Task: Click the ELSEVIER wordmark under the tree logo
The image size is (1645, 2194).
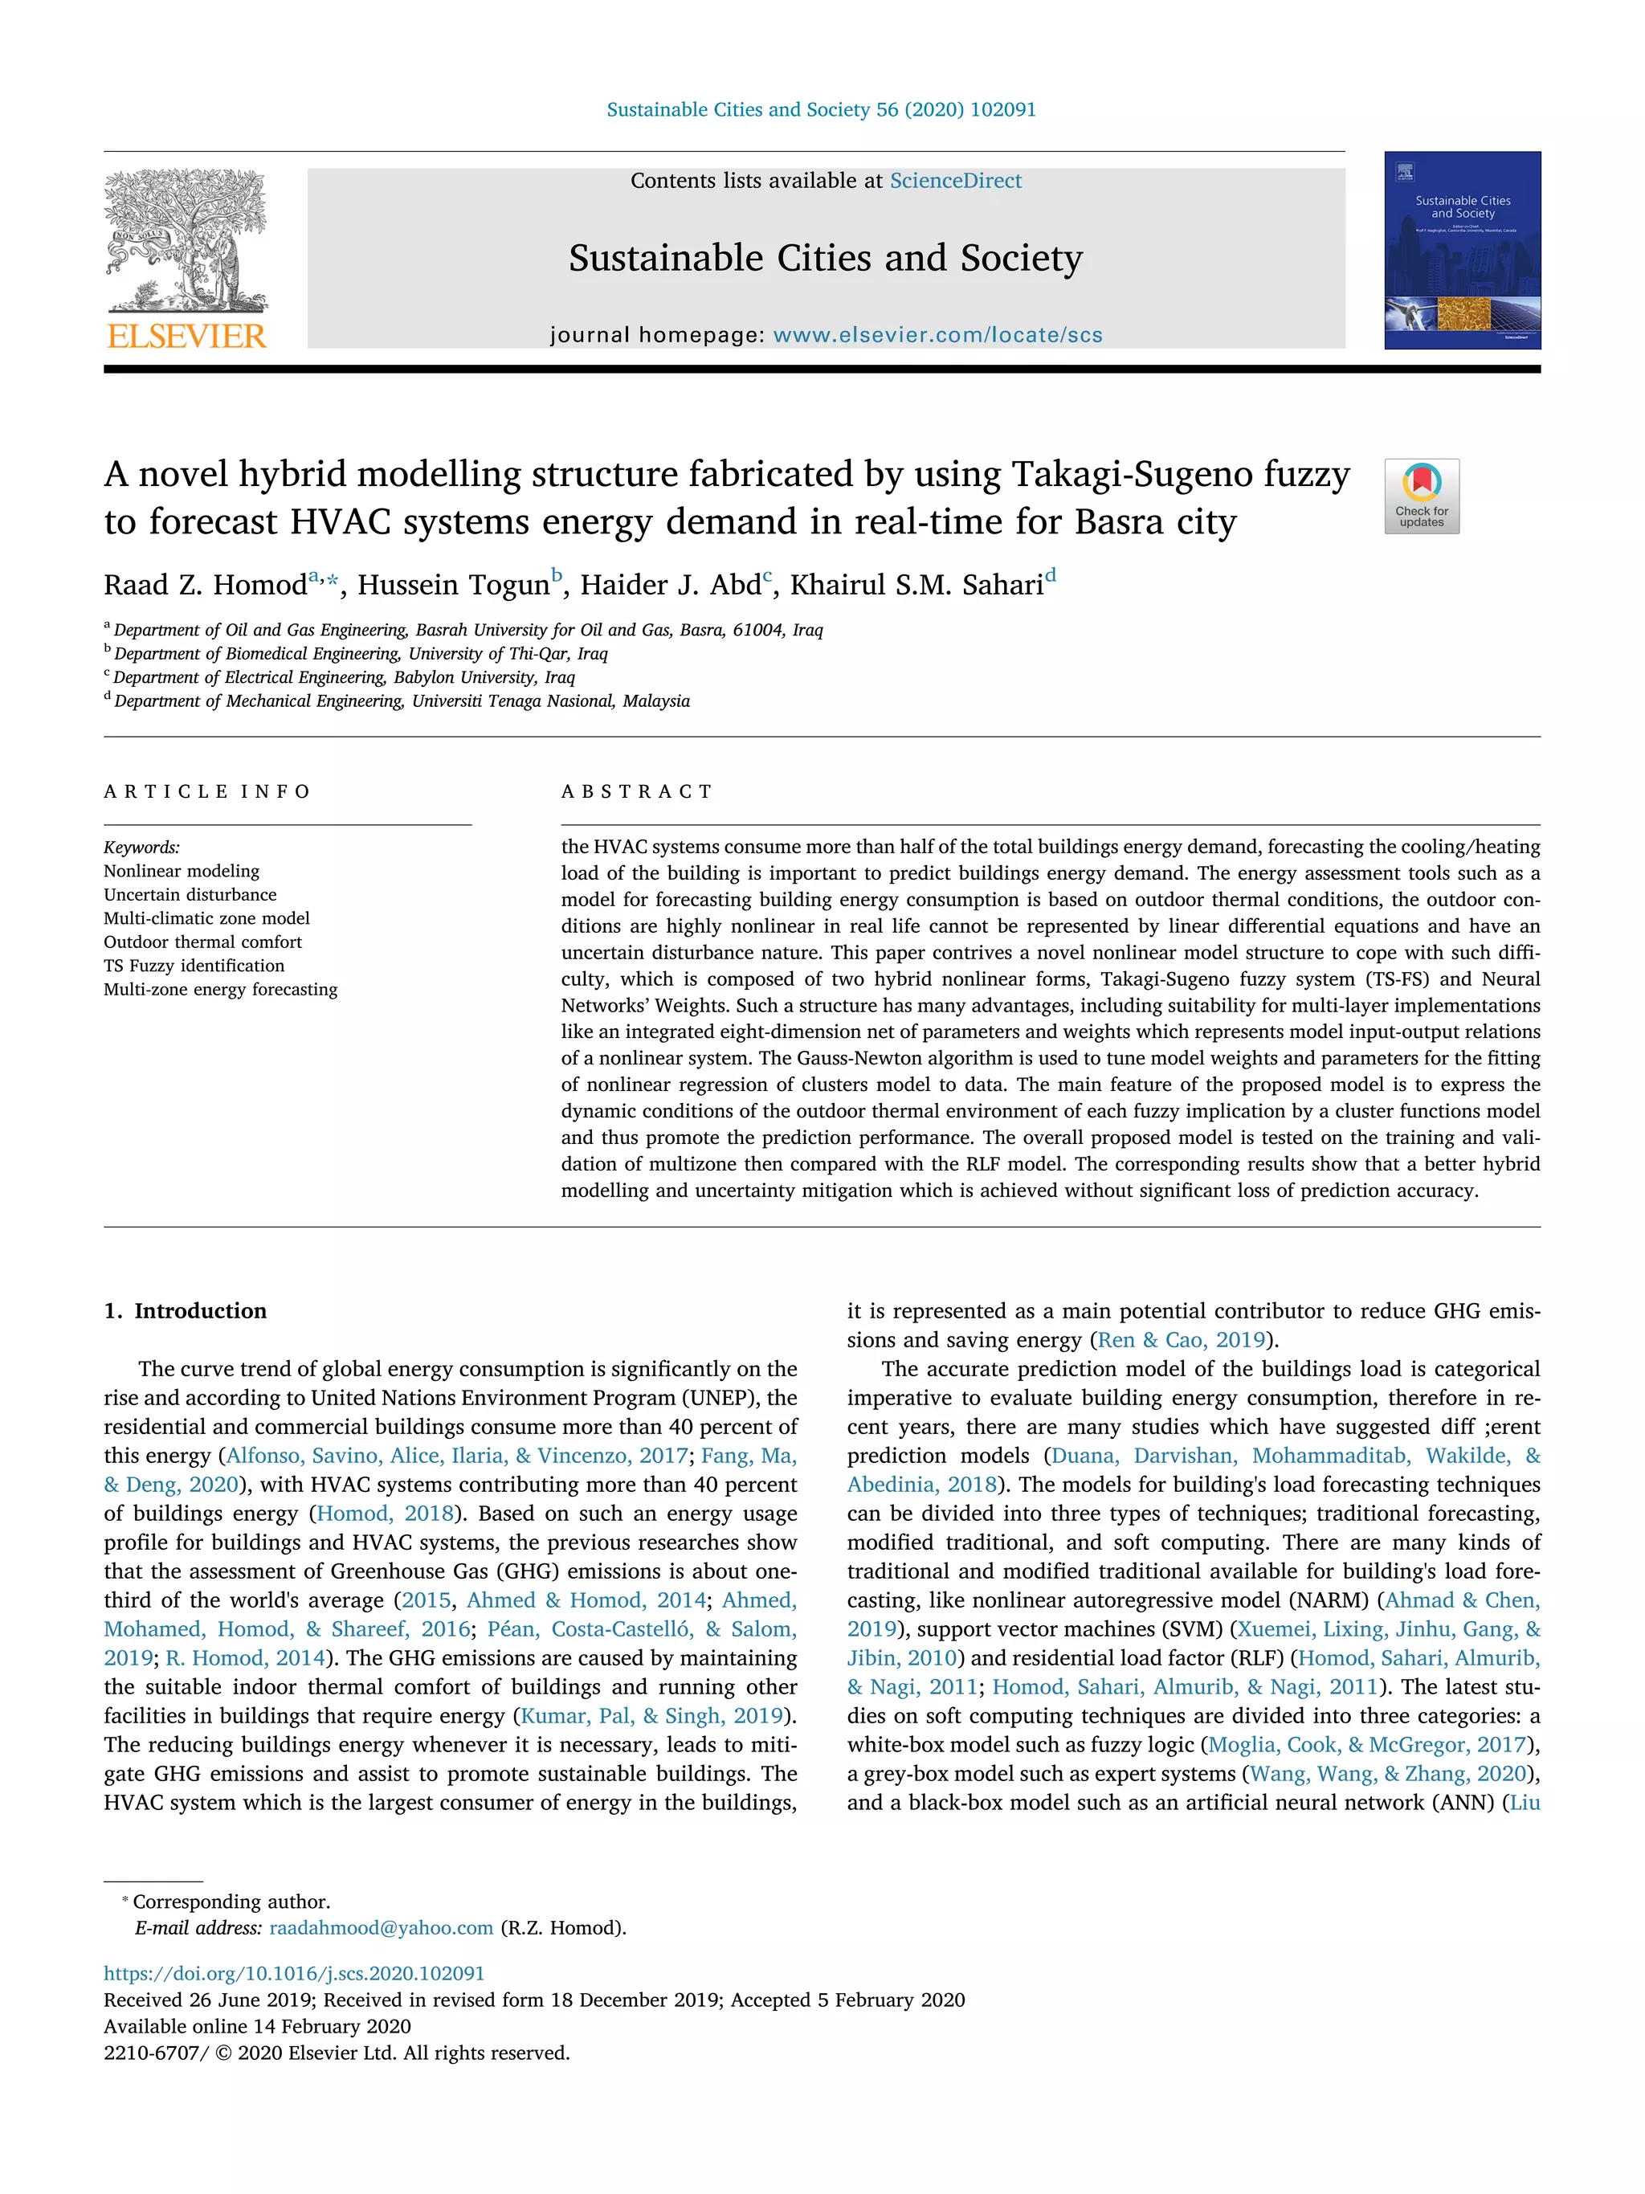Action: (186, 337)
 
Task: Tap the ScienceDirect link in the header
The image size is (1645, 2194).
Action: (955, 181)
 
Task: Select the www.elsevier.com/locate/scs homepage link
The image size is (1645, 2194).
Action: (937, 335)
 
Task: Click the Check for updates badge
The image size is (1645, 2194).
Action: (1421, 496)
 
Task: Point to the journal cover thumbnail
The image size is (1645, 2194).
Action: (1462, 250)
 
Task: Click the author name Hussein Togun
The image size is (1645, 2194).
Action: (453, 585)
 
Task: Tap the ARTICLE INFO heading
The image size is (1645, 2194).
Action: (207, 791)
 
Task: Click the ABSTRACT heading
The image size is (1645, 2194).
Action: (637, 791)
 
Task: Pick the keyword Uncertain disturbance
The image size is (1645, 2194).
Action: (190, 895)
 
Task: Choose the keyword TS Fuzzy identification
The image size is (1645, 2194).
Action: (194, 966)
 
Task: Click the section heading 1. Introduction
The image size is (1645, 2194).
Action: (186, 1311)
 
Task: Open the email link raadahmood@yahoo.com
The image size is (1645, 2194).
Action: (381, 1927)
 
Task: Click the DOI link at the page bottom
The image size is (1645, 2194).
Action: (295, 1974)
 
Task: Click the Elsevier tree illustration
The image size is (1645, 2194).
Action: (186, 238)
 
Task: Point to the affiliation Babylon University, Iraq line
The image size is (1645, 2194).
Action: (343, 677)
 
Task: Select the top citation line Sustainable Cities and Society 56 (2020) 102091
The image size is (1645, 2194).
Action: (821, 110)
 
